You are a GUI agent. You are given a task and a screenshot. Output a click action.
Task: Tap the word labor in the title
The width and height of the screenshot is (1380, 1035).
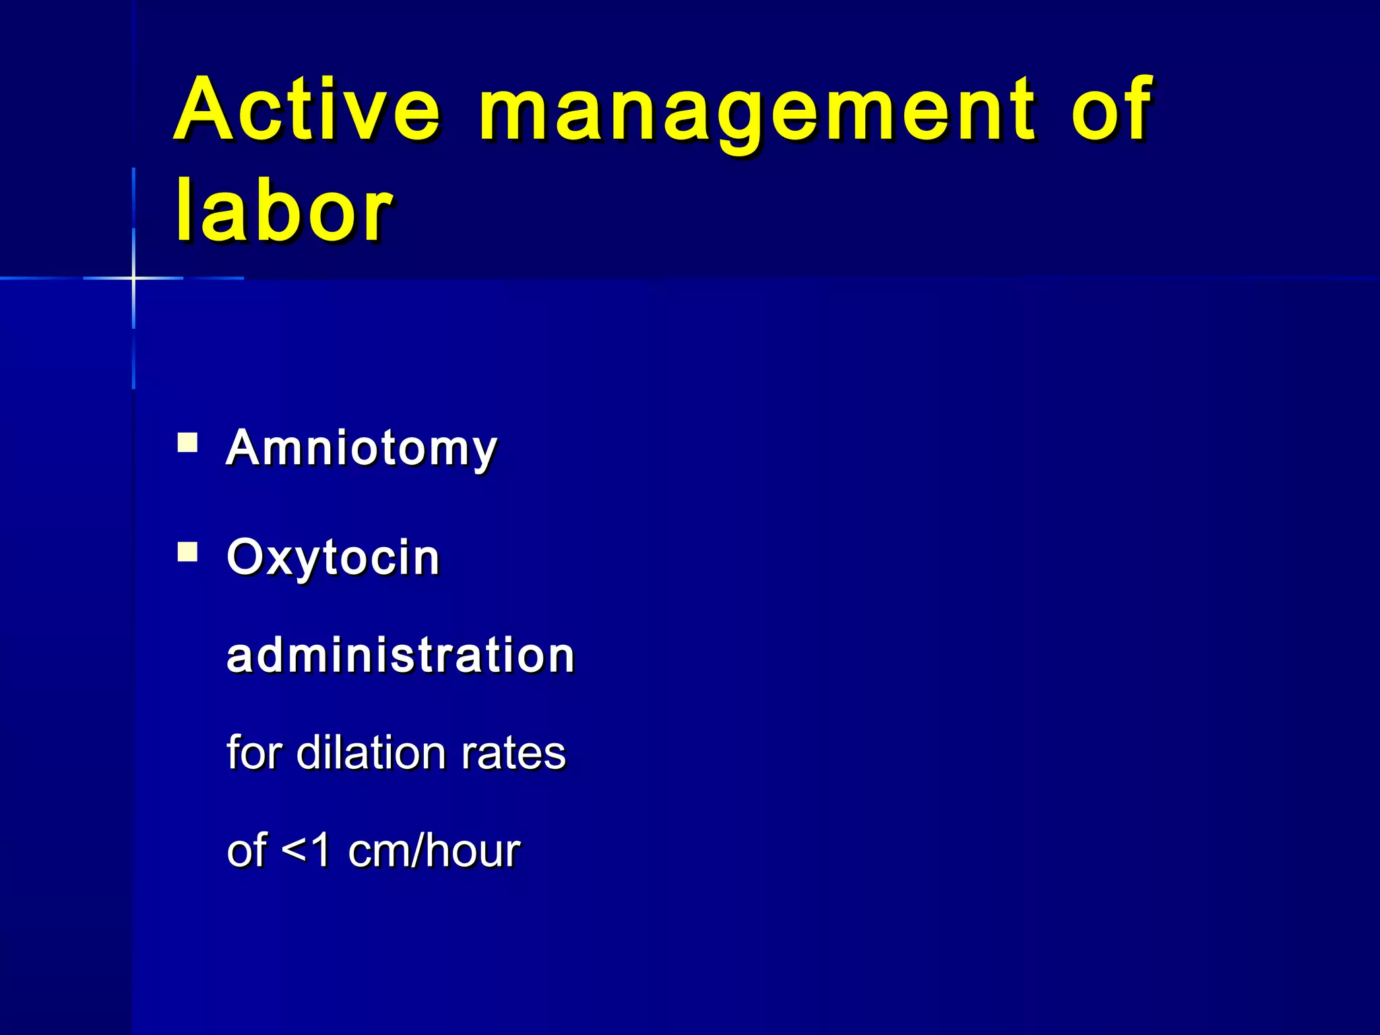coord(283,211)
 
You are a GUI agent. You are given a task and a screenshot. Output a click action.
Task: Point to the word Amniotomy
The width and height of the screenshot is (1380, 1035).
coord(361,449)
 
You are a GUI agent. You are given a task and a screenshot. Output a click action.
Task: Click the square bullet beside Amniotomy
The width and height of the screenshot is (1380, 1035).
coord(187,443)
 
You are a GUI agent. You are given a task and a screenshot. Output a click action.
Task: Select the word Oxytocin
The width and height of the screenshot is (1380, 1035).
coord(333,558)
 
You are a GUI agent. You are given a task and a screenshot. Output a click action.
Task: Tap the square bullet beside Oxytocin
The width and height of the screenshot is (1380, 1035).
coord(187,553)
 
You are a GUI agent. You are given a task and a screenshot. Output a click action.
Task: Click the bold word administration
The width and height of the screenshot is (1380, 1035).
coord(400,655)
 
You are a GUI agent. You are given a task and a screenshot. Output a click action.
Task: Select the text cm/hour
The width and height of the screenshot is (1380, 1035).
coord(434,850)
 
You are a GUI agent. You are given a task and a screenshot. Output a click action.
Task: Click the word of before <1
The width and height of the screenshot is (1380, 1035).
coord(247,850)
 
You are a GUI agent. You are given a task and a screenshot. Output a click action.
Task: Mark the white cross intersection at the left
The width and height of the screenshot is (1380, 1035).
coord(133,278)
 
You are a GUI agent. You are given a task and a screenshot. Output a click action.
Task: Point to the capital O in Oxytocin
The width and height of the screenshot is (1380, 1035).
coord(246,558)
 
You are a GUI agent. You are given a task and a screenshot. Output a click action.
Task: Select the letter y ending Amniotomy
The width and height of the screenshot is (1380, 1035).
coord(483,453)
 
